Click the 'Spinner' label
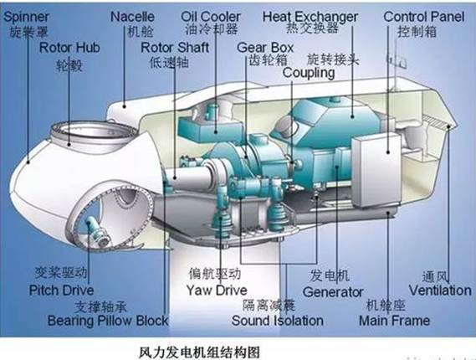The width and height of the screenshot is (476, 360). (x=26, y=17)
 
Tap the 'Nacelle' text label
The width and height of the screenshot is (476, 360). (x=132, y=17)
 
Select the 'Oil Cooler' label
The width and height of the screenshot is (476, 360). (x=211, y=17)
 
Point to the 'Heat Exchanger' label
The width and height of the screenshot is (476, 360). (x=310, y=17)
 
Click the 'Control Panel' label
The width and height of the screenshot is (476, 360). (x=424, y=17)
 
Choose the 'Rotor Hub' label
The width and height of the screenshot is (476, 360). (x=69, y=48)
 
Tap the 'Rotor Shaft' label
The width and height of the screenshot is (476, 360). (x=175, y=48)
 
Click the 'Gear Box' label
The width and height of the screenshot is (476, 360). (x=265, y=48)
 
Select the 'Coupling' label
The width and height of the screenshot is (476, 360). (x=309, y=73)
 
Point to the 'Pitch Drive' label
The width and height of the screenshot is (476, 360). (x=61, y=291)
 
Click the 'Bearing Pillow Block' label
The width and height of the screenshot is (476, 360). (x=108, y=321)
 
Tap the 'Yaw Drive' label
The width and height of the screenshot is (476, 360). (x=217, y=291)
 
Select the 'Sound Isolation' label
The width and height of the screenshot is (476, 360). (x=278, y=321)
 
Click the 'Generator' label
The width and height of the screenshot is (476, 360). (x=333, y=292)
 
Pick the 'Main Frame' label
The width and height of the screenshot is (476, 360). (x=394, y=321)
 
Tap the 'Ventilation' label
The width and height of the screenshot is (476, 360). (x=440, y=291)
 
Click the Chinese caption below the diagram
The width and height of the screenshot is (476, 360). (x=199, y=352)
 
